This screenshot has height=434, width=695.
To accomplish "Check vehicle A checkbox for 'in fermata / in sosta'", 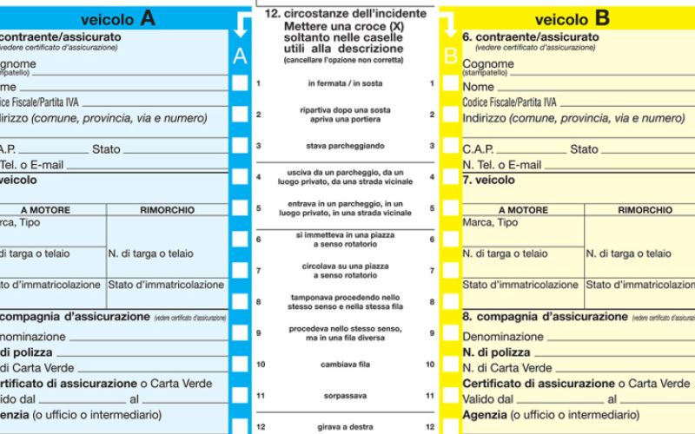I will click(x=240, y=83).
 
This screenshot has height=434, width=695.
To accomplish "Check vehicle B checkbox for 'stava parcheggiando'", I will click(x=450, y=146).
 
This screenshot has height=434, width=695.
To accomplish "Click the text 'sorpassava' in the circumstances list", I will click(x=345, y=395).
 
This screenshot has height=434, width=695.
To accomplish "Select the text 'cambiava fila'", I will click(x=345, y=365).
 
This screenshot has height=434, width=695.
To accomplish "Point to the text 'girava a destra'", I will click(x=345, y=426).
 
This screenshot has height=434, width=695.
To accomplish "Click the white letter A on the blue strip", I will click(x=240, y=57).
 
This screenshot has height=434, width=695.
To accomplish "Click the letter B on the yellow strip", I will click(x=450, y=57).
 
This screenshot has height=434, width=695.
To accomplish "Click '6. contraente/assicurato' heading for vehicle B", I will click(x=530, y=37).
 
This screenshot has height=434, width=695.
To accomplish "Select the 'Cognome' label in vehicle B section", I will click(x=488, y=64).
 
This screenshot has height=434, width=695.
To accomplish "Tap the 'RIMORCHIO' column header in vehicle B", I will click(x=645, y=210).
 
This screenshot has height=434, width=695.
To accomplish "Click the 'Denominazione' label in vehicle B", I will click(x=503, y=337).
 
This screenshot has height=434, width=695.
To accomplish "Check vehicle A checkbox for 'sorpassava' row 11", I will click(x=240, y=395).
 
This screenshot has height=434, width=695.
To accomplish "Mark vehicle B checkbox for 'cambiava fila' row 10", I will click(x=450, y=365).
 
